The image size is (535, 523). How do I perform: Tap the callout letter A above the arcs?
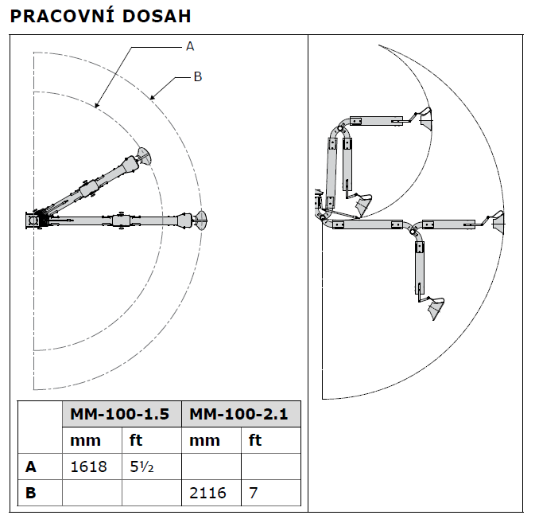coord(190,47)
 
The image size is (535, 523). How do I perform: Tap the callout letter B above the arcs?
coord(198,77)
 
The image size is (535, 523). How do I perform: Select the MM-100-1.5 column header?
coord(121,415)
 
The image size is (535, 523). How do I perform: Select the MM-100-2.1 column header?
coord(241,415)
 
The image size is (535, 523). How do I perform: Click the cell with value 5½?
coord(141,467)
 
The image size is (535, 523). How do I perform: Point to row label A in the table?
coord(31,467)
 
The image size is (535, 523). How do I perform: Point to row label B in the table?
coord(31,493)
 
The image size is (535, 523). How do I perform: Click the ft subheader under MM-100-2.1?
coord(255,440)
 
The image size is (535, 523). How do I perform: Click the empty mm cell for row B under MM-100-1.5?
coord(91,493)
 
